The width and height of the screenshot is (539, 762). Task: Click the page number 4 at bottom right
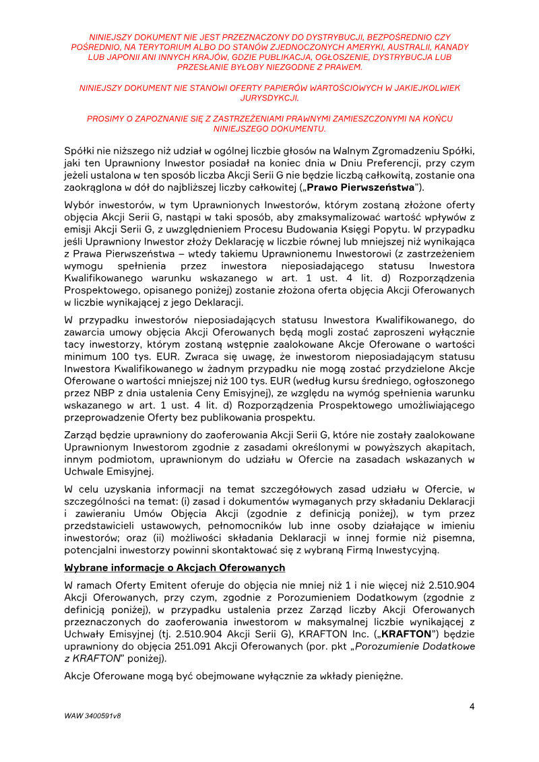472,706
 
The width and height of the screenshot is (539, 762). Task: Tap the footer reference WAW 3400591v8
93,716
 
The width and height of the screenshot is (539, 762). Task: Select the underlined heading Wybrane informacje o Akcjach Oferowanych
175,568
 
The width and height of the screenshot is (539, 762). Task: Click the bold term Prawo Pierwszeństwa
369,186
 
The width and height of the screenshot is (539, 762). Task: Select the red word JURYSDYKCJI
269,98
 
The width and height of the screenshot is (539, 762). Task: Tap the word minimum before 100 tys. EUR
85,356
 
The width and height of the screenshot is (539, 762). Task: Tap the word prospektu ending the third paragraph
269,417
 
